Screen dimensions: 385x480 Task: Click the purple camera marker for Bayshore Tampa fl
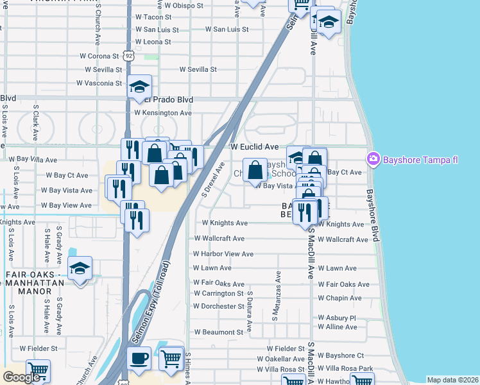pos(372,158)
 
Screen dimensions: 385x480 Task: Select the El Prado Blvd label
pos(168,99)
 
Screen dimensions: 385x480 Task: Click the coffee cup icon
pos(139,358)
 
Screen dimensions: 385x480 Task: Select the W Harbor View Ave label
pos(223,253)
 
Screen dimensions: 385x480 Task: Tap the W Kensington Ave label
pos(163,113)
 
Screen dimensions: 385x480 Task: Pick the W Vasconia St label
pos(99,83)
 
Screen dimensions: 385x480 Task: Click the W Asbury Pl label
pos(336,318)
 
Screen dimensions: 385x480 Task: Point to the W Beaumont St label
pos(218,332)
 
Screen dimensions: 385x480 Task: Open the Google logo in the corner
pos(21,377)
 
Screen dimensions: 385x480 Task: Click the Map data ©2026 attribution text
pos(452,380)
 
